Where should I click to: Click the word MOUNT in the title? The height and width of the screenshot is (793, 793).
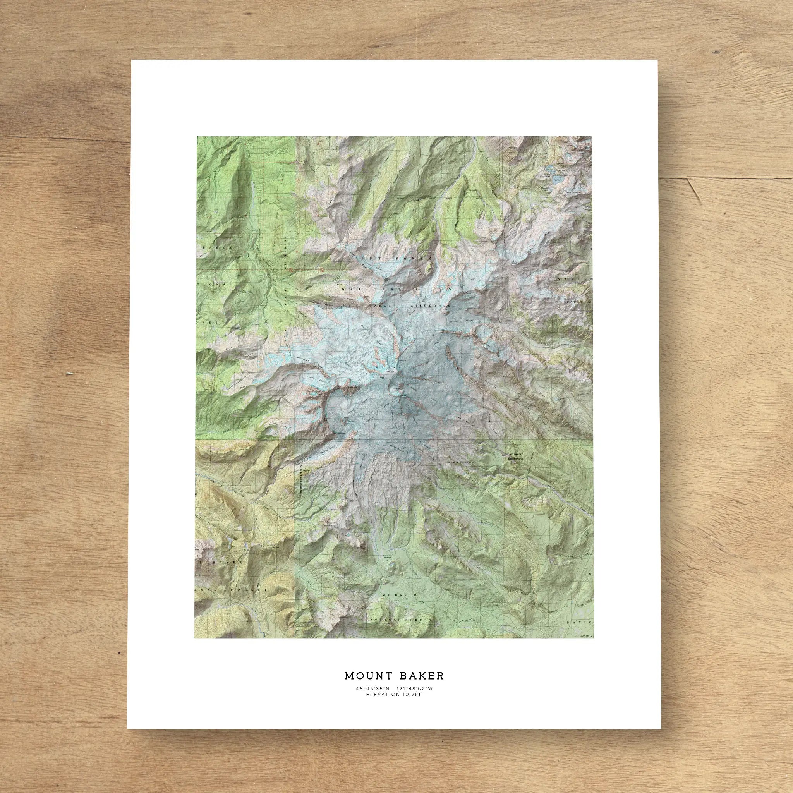coord(367,675)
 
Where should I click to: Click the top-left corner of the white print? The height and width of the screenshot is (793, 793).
coord(132,61)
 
